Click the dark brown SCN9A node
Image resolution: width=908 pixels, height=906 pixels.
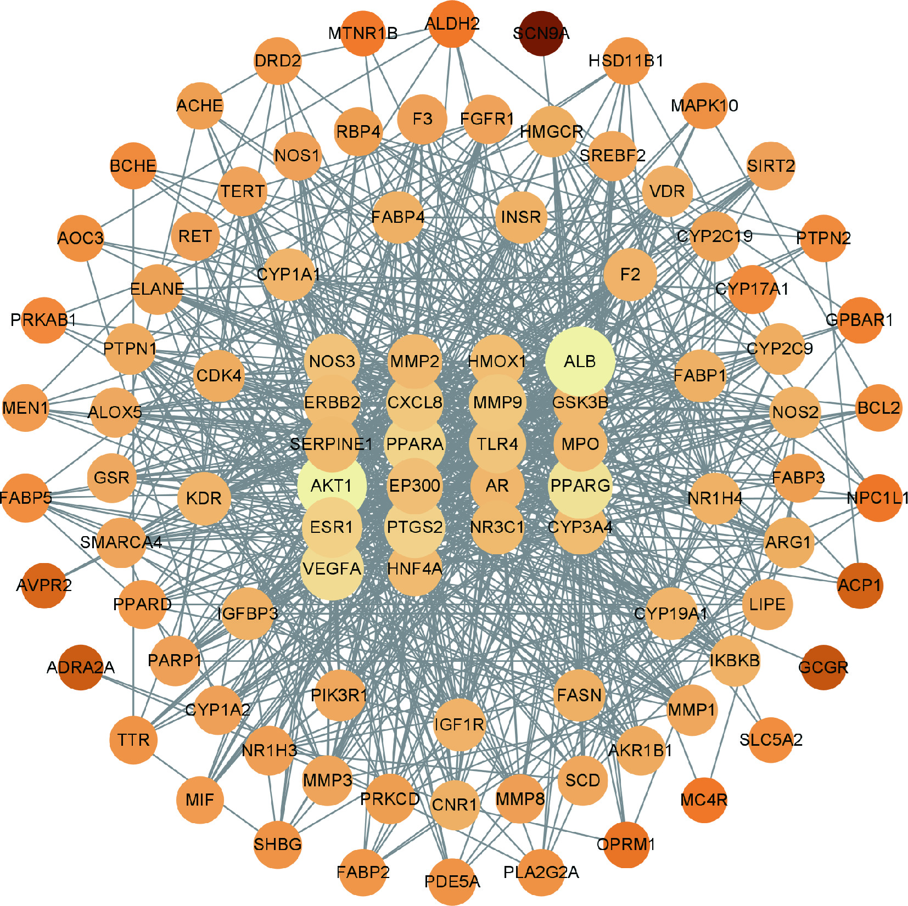point(541,33)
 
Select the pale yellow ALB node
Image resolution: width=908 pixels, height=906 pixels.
point(580,362)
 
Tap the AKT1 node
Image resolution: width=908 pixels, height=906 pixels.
point(332,486)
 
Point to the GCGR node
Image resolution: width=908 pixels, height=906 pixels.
point(823,667)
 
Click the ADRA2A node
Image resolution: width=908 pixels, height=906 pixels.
point(81,667)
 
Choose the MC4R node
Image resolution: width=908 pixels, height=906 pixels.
point(704,800)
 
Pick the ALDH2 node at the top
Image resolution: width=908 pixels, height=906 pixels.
point(452,24)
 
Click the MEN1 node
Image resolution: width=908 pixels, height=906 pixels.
point(25,408)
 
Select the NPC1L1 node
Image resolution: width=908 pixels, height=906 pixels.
point(878,498)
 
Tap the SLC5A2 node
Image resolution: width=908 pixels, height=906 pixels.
point(771,740)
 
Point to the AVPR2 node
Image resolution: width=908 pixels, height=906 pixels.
point(44,585)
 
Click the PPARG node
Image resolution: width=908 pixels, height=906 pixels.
point(580,486)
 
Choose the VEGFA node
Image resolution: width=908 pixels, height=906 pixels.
point(332,569)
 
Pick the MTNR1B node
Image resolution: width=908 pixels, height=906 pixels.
point(363,33)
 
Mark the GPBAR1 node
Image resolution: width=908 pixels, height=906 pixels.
point(860,320)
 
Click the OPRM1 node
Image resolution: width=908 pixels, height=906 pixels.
point(626,844)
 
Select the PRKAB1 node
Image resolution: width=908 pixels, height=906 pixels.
point(44,320)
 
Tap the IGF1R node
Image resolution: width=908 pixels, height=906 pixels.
point(459,725)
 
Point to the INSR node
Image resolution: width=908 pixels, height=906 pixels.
point(521,217)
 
